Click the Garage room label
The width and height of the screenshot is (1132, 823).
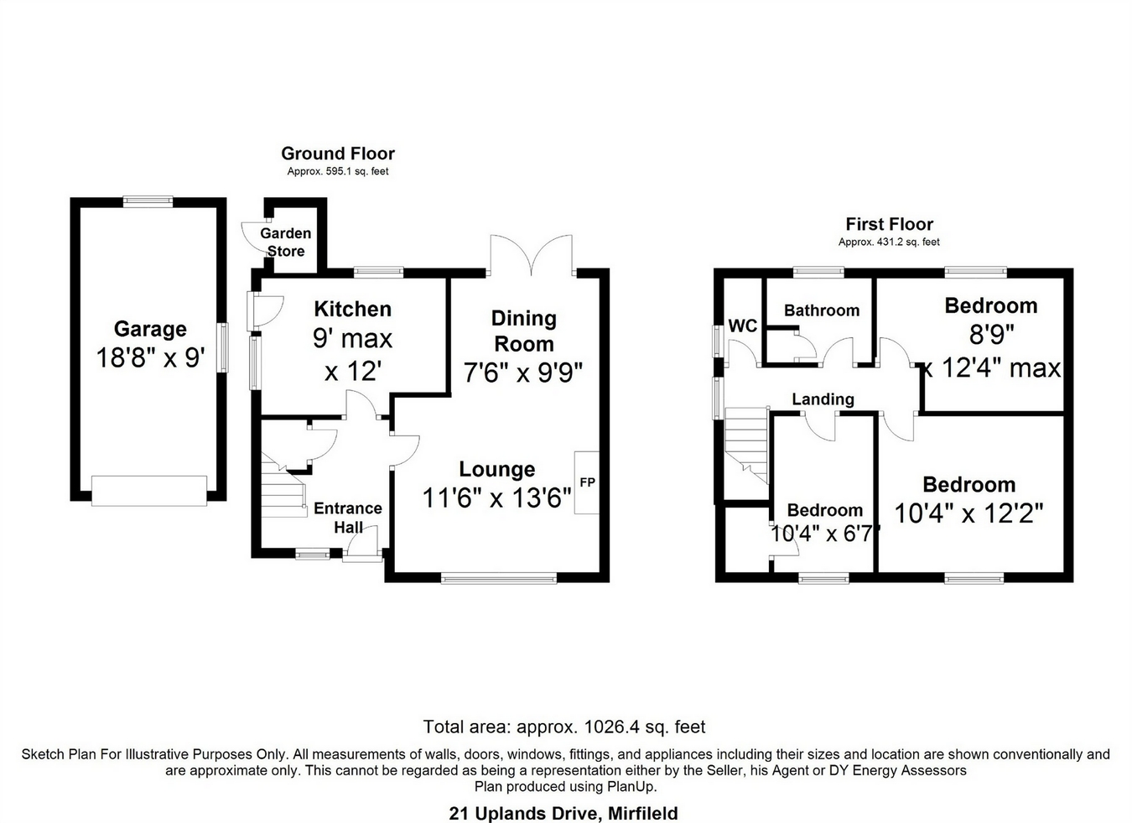(x=150, y=329)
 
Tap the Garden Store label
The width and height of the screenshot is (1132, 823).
(x=285, y=242)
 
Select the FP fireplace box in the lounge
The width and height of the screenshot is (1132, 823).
(x=587, y=482)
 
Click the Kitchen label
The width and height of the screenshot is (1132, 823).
(x=352, y=309)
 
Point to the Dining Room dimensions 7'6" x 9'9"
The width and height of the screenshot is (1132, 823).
(x=523, y=372)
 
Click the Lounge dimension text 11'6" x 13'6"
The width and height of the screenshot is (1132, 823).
(x=496, y=498)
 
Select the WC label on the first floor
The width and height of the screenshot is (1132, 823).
(x=743, y=326)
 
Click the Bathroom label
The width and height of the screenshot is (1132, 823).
(x=821, y=310)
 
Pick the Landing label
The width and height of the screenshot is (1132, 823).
(x=823, y=399)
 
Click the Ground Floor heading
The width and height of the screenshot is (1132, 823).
(x=337, y=153)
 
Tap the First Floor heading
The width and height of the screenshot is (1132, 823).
(x=889, y=224)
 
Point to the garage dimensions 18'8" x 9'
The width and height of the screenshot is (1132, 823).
(x=150, y=358)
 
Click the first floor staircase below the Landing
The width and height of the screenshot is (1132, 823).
(x=746, y=444)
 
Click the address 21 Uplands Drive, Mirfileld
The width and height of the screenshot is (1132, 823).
(x=563, y=813)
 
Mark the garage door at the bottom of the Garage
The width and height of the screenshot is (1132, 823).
(x=148, y=491)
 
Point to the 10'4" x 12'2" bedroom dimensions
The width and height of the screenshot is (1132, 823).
(x=968, y=513)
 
